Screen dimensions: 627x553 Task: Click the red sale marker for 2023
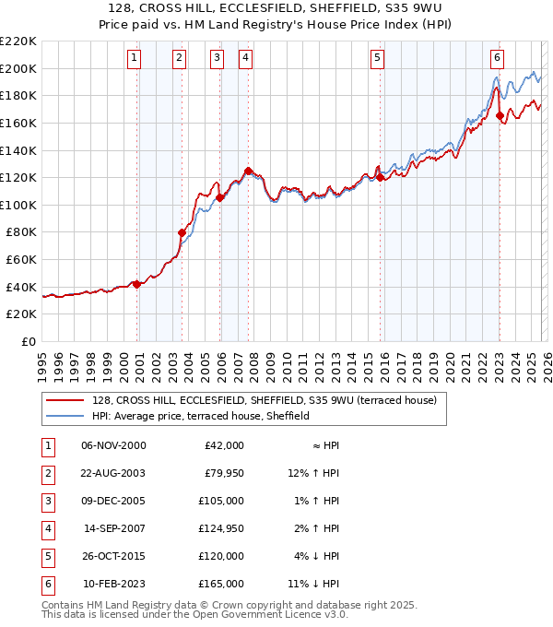tap(500, 116)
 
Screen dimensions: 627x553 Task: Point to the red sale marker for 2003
tap(182, 232)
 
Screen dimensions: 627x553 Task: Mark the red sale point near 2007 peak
tap(248, 171)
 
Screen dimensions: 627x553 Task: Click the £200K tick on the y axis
tap(18, 68)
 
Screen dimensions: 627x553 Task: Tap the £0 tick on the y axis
tap(29, 342)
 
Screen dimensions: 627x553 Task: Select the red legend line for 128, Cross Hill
tap(65, 400)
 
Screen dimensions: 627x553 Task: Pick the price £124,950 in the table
tap(221, 529)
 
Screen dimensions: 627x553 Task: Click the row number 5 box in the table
tap(45, 556)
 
